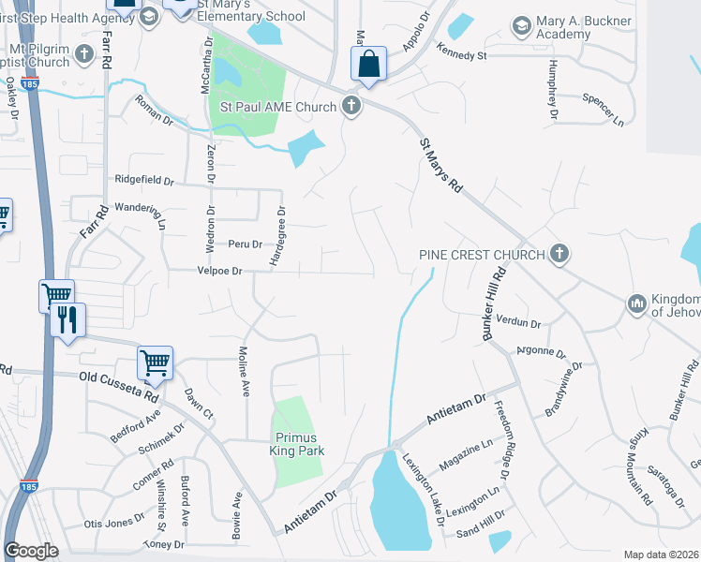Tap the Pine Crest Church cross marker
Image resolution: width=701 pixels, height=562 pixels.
[559, 253]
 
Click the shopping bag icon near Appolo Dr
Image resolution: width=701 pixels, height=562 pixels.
[369, 65]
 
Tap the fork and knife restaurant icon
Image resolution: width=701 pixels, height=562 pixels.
[67, 321]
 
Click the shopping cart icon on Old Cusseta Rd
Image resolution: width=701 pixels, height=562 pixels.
[155, 362]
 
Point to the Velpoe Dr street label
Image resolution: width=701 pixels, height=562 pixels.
[217, 271]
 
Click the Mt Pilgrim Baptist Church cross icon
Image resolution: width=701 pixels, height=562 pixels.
[84, 53]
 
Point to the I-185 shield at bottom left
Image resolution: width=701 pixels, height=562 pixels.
[28, 486]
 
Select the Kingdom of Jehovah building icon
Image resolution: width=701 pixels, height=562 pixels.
[636, 303]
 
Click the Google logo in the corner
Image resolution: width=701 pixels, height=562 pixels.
[31, 551]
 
